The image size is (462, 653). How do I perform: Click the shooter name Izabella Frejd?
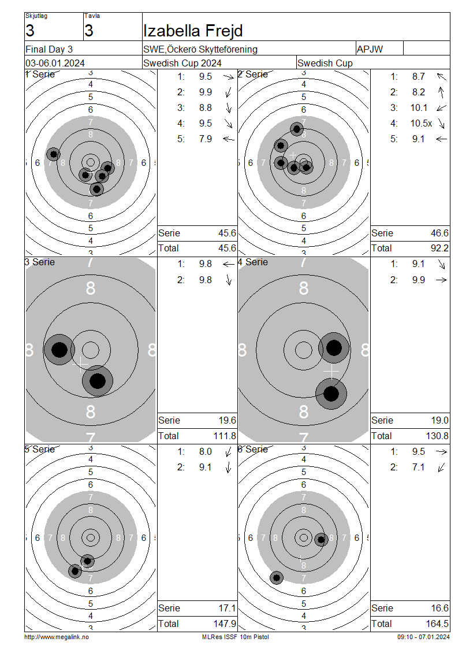click(x=193, y=31)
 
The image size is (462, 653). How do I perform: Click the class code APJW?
click(x=370, y=49)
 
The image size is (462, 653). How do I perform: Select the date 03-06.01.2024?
click(x=55, y=64)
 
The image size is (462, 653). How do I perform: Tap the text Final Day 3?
click(x=49, y=49)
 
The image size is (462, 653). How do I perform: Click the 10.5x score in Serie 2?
click(x=421, y=123)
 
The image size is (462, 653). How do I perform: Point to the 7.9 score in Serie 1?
click(x=206, y=139)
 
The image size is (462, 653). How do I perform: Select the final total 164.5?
click(x=437, y=624)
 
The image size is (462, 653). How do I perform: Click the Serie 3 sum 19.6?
click(x=228, y=420)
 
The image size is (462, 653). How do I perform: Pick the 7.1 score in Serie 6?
click(x=418, y=468)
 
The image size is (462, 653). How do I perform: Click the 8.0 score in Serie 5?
click(x=206, y=451)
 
